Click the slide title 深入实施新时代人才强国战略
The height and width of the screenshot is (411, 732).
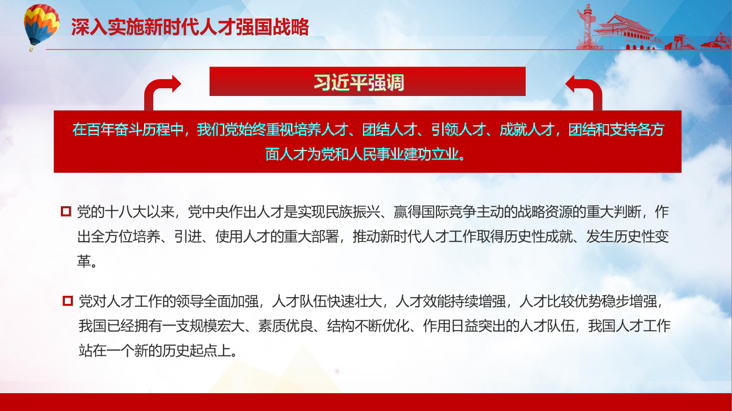click(x=190, y=27)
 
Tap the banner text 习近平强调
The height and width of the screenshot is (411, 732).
click(x=359, y=82)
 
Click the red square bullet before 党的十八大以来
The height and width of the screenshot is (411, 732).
click(x=66, y=212)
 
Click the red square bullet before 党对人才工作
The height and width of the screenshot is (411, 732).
click(x=68, y=301)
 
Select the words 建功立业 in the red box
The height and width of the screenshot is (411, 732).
click(x=431, y=154)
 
